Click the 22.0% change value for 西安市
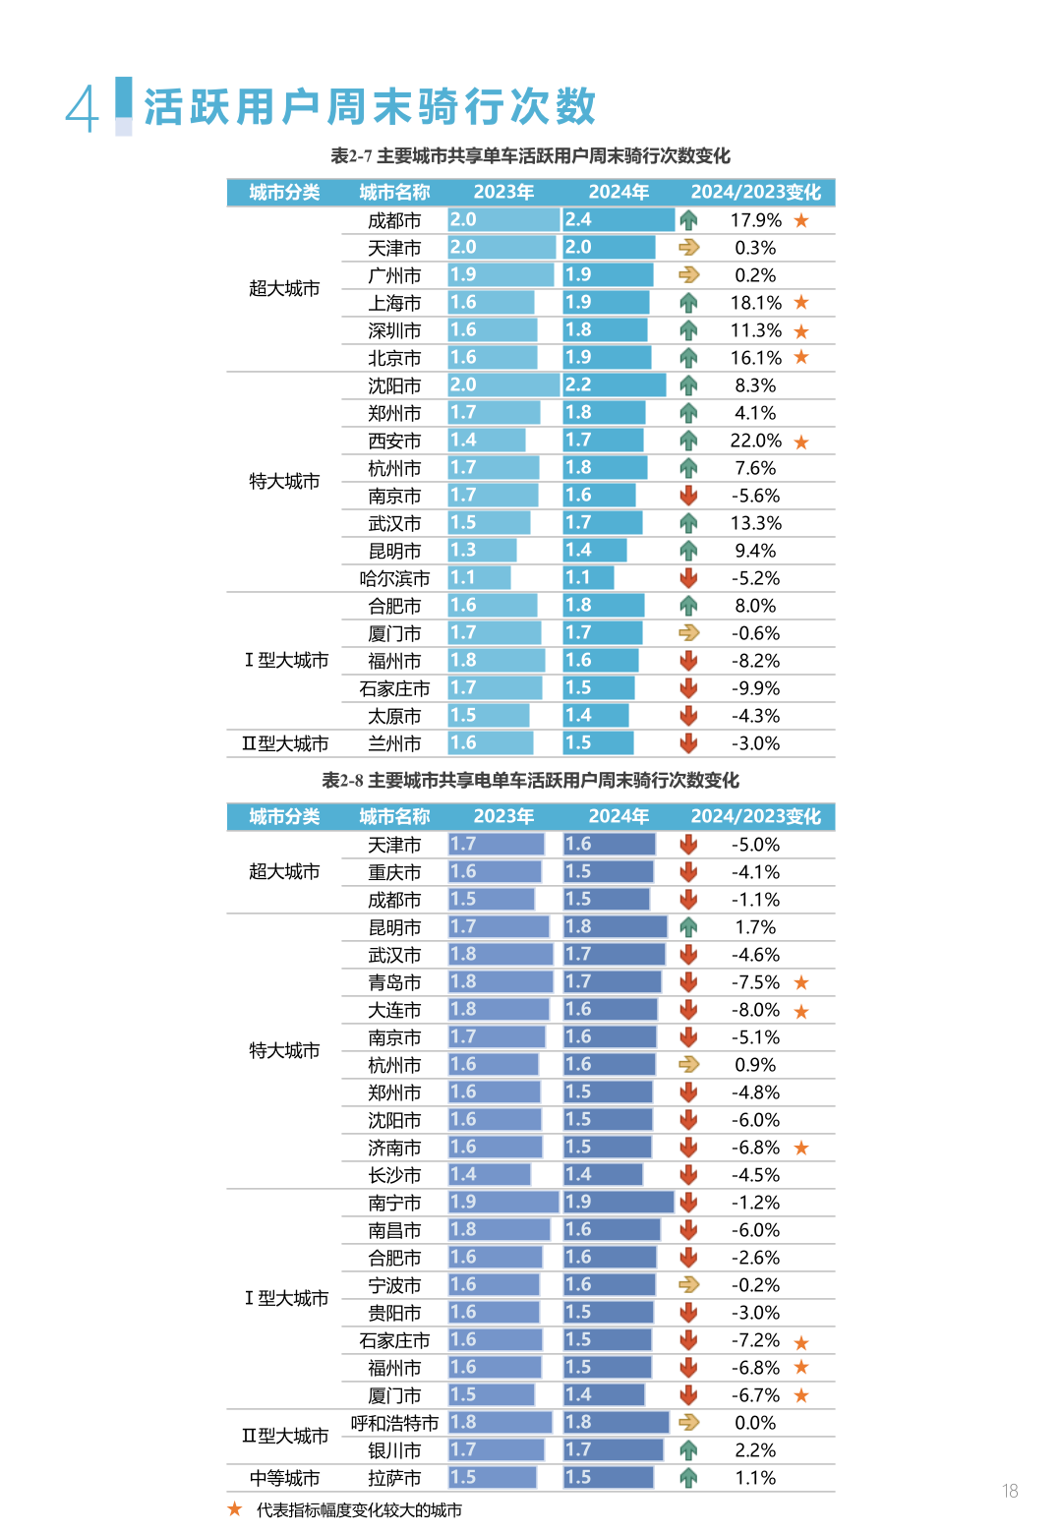755,441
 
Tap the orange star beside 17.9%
801,220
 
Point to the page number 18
1010,1491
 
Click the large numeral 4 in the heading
83,108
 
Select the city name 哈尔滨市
394,578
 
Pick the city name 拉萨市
394,1478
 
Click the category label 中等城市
284,1478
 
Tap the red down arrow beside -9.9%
688,688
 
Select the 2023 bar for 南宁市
503,1202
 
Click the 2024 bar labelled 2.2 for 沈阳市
615,385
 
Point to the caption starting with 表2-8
530,780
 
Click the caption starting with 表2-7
530,155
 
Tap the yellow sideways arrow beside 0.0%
688,1423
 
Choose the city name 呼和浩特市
394,1423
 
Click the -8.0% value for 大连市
755,1010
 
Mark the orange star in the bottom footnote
235,1509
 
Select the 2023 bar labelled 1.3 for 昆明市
482,551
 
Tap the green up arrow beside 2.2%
688,1450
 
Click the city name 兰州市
394,743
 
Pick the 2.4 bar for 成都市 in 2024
619,220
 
